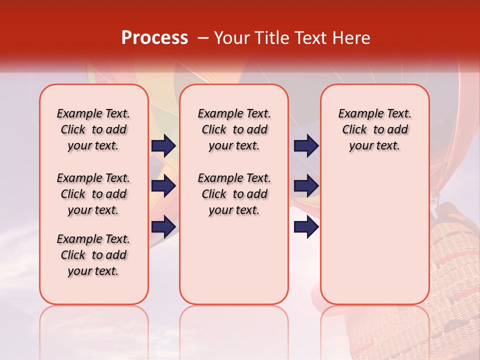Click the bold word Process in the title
(x=154, y=38)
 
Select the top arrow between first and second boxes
(x=163, y=146)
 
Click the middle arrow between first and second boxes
(x=163, y=186)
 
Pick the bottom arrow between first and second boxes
(x=163, y=227)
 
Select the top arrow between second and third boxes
(x=306, y=146)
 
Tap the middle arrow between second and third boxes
(x=306, y=186)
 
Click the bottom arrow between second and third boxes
(x=306, y=227)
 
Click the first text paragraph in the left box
(x=93, y=129)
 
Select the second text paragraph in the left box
(x=93, y=194)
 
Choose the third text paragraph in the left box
(x=93, y=255)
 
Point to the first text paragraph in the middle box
(x=234, y=129)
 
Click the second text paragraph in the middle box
(x=234, y=194)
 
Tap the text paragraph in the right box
(x=374, y=129)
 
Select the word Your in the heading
(x=233, y=38)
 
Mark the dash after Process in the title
(x=203, y=38)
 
